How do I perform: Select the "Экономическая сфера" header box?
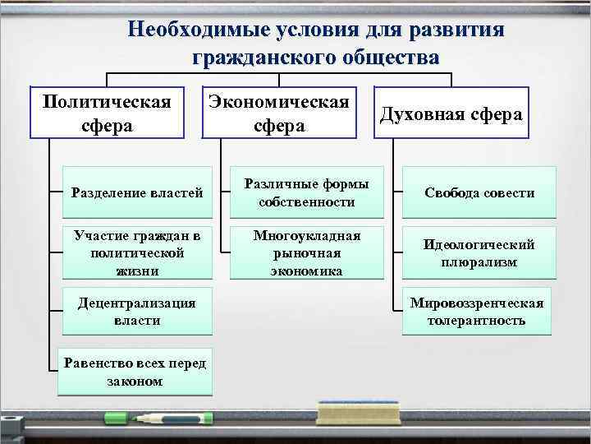coord(279,113)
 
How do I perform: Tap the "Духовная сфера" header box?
coord(451,113)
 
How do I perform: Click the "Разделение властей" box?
coord(137,192)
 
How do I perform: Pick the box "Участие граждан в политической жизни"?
coord(137,252)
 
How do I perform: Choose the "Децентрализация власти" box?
coord(137,311)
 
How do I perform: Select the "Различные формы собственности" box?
coord(306,192)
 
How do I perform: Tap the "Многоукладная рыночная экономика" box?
coord(306,252)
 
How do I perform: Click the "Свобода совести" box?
coord(479,192)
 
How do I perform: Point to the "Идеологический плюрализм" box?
coord(479,252)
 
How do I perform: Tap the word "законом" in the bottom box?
coord(135,382)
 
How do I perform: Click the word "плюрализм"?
coord(478,262)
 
